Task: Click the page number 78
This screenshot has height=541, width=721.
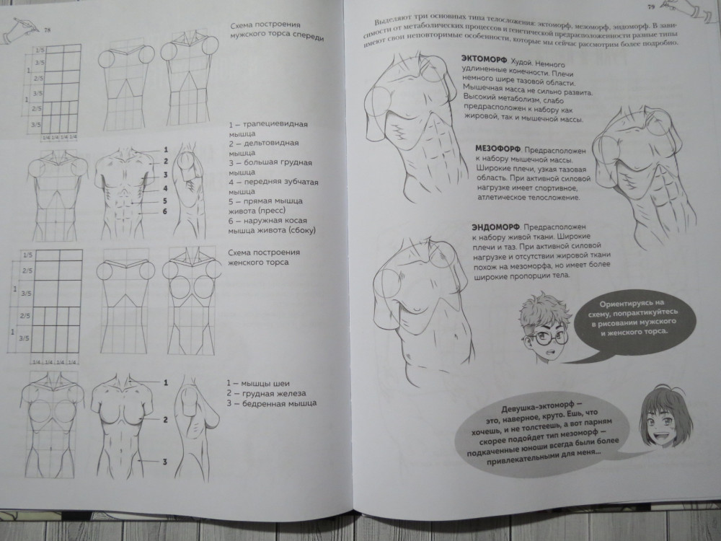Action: pyautogui.click(x=48, y=30)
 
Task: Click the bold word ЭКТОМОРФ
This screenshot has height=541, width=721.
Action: pyautogui.click(x=484, y=60)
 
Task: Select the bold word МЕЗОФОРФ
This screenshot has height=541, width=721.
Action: pyautogui.click(x=497, y=149)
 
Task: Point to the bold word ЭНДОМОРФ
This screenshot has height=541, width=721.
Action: pyautogui.click(x=495, y=226)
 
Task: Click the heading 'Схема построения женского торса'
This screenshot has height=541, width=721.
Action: pyautogui.click(x=264, y=258)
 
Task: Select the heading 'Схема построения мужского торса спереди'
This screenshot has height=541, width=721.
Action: pyautogui.click(x=277, y=30)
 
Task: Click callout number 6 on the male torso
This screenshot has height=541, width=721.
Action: pyautogui.click(x=164, y=211)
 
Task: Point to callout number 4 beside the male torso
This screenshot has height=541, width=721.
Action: pyautogui.click(x=165, y=188)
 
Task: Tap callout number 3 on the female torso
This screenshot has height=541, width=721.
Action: pyautogui.click(x=164, y=462)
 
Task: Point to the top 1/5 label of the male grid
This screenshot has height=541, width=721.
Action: pyautogui.click(x=40, y=50)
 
